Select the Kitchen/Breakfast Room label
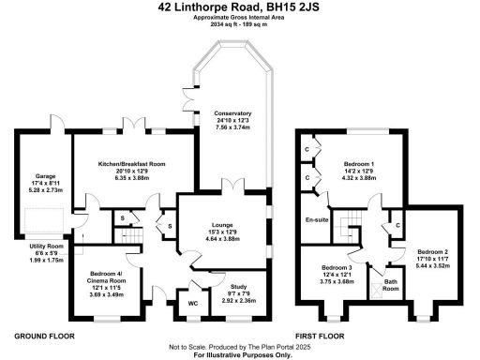138,164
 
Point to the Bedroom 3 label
337,266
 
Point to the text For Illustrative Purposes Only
240,356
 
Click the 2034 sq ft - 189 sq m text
240,24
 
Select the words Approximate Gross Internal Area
240,18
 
